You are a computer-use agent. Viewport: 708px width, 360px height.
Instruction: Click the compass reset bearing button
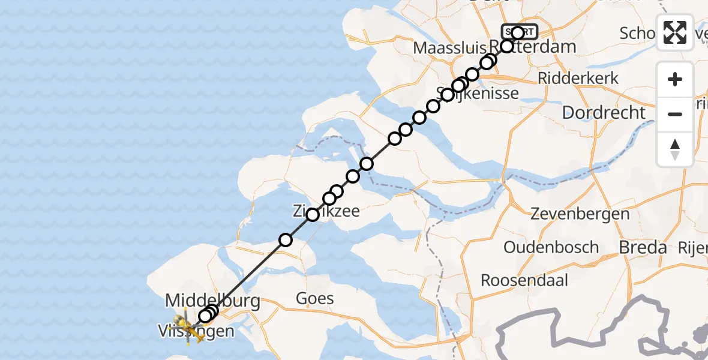point(675,149)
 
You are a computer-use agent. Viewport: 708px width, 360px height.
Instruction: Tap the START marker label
point(520,32)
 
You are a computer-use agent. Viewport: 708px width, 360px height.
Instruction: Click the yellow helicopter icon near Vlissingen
point(187,328)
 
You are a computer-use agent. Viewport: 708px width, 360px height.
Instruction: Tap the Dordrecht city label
point(604,112)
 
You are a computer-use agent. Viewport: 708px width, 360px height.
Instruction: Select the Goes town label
point(315,298)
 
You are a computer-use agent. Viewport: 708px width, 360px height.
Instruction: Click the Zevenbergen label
point(580,214)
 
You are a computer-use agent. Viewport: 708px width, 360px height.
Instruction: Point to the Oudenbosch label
point(551,247)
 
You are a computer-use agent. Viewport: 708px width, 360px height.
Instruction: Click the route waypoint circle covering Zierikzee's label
point(313,214)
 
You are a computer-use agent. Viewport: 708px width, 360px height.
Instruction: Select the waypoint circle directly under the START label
point(507,46)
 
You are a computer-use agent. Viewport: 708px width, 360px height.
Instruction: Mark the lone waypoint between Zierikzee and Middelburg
point(286,240)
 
